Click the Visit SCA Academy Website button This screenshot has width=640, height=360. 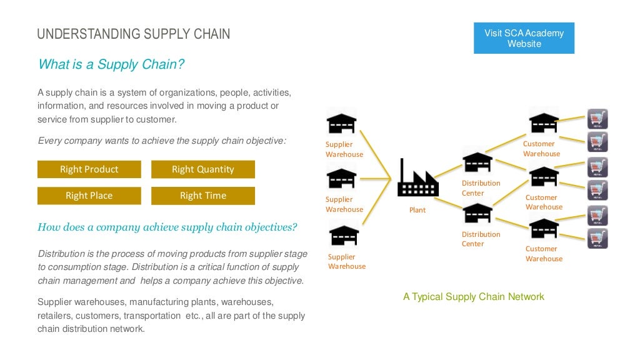coord(524,38)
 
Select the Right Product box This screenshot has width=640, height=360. coord(89,169)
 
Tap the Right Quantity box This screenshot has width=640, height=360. coord(203,169)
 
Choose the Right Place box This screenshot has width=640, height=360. coord(89,196)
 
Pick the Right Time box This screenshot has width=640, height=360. coord(203,196)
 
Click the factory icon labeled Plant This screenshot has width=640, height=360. coord(417,180)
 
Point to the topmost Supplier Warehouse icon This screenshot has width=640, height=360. coord(342,123)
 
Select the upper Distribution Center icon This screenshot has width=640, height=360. coord(477,162)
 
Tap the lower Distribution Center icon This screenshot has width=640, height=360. coord(477,213)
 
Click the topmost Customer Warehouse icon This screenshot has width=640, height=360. coord(544,120)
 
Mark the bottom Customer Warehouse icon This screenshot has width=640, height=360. coord(544,227)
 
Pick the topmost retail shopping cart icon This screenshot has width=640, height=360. coord(597,119)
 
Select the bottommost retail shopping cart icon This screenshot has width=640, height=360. coord(597,238)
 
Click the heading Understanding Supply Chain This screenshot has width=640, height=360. coord(134,34)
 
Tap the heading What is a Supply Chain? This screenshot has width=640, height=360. coord(111,64)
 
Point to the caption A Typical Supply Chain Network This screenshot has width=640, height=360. coord(473,297)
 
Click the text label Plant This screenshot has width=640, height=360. coord(417,210)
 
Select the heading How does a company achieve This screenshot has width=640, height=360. coord(167,227)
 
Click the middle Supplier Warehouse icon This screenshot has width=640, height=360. coord(342,179)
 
